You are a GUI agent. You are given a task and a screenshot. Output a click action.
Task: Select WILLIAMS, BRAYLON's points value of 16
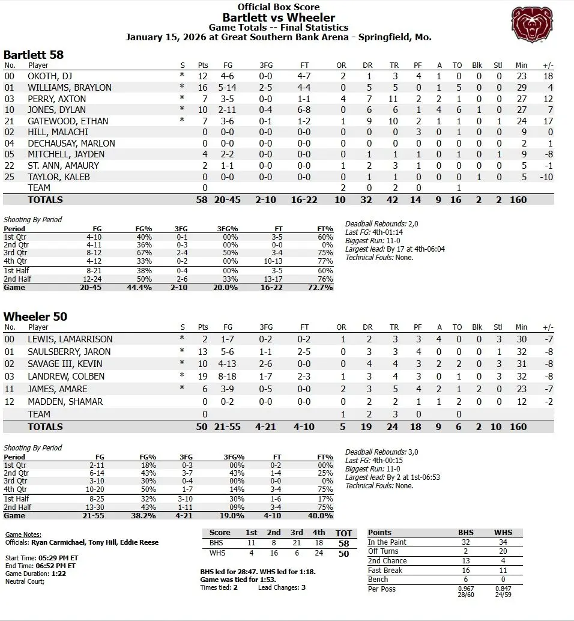click(x=204, y=88)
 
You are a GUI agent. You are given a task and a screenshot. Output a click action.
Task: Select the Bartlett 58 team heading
click(x=34, y=55)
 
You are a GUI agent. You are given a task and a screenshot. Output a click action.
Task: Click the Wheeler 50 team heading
click(x=35, y=317)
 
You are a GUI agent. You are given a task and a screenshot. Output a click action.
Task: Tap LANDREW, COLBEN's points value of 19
click(x=204, y=377)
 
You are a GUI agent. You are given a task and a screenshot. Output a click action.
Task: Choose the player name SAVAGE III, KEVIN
click(x=65, y=364)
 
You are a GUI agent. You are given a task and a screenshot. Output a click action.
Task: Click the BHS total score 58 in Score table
click(x=343, y=543)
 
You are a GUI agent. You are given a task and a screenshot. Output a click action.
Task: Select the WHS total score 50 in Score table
click(x=343, y=554)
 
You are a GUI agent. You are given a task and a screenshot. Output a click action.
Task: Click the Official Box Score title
click(x=278, y=7)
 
